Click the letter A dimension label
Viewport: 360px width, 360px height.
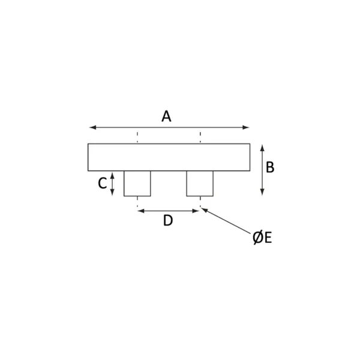tap(166, 116)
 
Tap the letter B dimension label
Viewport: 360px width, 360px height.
tap(270, 167)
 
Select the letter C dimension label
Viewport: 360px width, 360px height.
tap(103, 184)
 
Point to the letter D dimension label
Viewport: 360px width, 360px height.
tap(168, 221)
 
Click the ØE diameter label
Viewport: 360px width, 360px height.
tap(262, 238)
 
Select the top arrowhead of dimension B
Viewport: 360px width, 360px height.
tap(262, 147)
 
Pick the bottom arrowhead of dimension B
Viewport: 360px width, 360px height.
tap(262, 193)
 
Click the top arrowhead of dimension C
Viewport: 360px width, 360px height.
tap(112, 175)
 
